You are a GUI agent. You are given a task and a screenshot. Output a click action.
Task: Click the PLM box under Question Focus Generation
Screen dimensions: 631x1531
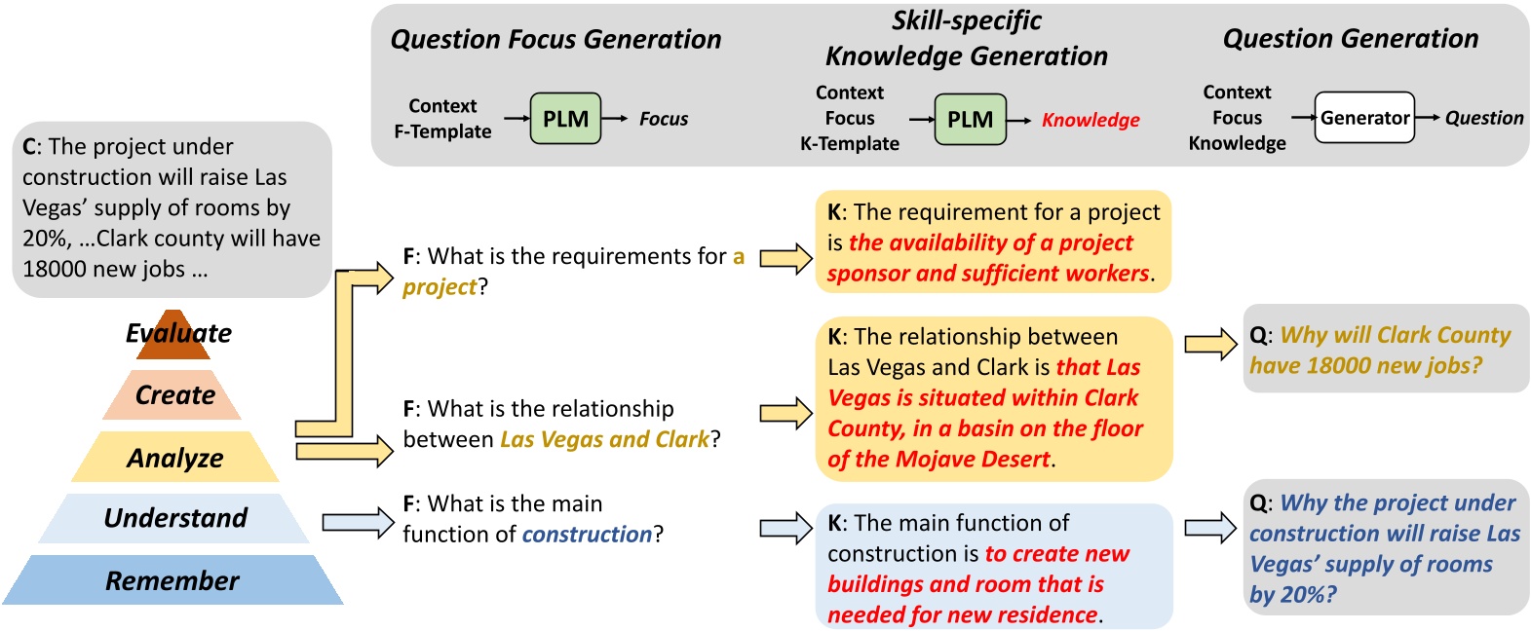[x=565, y=119]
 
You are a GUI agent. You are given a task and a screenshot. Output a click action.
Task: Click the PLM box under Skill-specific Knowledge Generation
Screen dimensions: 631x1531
[x=970, y=119]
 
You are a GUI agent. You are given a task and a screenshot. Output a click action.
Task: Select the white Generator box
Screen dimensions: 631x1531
[x=1364, y=118]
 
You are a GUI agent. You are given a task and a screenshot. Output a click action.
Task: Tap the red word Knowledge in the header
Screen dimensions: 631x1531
[x=1091, y=120]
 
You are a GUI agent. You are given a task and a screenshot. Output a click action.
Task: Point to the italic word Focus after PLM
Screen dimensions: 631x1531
[x=663, y=119]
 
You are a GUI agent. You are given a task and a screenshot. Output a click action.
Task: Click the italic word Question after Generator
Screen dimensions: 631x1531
[x=1483, y=118]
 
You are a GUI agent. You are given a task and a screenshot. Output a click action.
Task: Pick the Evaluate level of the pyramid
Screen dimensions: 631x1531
[x=178, y=334]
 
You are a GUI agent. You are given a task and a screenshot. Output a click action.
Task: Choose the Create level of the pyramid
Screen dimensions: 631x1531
[x=175, y=395]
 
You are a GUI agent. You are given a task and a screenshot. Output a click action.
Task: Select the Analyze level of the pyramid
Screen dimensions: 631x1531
[x=175, y=458]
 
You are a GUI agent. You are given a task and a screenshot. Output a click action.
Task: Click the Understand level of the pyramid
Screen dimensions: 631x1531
[x=175, y=518]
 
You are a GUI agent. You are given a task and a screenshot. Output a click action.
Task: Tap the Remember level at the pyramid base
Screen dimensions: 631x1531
[x=172, y=580]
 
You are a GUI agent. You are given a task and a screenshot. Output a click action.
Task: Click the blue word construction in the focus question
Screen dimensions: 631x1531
[x=587, y=535]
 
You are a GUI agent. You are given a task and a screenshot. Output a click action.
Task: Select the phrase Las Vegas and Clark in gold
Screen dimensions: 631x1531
[x=604, y=439]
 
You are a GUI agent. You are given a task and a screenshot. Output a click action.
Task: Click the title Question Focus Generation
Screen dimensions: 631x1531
[x=555, y=39]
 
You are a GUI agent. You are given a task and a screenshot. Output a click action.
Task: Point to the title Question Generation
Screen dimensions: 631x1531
[x=1350, y=39]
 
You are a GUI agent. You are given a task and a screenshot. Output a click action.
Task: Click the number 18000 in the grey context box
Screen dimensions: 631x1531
[x=55, y=269]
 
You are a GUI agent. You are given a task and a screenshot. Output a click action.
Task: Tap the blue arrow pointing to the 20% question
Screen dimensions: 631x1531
[x=1210, y=527]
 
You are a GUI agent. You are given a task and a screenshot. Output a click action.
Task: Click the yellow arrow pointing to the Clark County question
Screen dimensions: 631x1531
[x=1210, y=344]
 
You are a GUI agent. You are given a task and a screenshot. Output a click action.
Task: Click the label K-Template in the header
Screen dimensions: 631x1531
[x=849, y=143]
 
